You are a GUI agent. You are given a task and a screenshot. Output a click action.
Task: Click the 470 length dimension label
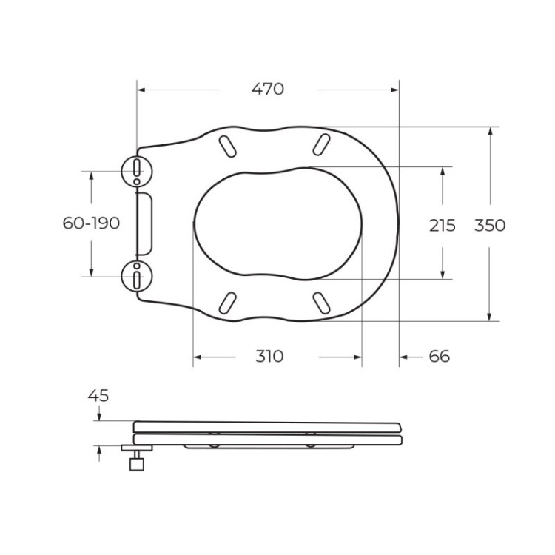(x=268, y=90)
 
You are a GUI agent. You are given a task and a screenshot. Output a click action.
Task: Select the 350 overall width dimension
(x=490, y=225)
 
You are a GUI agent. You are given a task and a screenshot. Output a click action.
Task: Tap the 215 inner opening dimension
(x=442, y=226)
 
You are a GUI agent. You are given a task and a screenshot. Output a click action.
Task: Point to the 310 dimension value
(x=269, y=357)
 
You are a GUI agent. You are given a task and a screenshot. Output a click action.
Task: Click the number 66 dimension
(x=439, y=357)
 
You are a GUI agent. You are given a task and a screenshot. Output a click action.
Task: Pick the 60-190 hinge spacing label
(x=91, y=223)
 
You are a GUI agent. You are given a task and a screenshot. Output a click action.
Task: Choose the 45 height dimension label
(x=98, y=396)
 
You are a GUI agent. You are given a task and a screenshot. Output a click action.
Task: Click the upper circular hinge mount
(x=136, y=172)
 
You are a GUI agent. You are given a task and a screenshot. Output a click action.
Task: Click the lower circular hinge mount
(x=136, y=276)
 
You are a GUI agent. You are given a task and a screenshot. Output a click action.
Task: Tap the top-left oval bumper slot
(x=229, y=145)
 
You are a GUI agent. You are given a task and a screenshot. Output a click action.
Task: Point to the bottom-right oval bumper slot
(x=321, y=302)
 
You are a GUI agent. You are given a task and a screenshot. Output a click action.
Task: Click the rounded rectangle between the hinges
(x=145, y=223)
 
